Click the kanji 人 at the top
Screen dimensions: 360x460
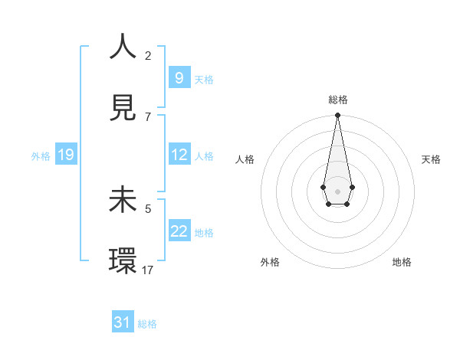tap(123, 47)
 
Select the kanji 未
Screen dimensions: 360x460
tap(123, 200)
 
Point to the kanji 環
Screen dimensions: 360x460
tap(123, 261)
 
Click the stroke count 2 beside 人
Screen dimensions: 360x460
tap(148, 55)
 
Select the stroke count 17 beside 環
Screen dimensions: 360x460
tap(149, 270)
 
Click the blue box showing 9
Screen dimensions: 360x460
tap(179, 77)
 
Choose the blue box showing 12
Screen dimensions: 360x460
tap(179, 154)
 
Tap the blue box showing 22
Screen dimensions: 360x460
tap(179, 231)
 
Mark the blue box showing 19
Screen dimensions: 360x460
tap(65, 155)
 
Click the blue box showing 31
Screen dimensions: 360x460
tap(123, 322)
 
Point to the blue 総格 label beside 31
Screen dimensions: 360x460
tap(147, 324)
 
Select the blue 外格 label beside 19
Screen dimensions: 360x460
tap(41, 156)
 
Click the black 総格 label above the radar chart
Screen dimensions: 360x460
tap(338, 100)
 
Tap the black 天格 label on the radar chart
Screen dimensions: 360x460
tap(431, 159)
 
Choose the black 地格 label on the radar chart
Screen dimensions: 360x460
tap(402, 262)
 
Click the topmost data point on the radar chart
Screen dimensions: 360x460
tap(337, 116)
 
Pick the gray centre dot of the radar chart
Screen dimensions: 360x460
tap(337, 190)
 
